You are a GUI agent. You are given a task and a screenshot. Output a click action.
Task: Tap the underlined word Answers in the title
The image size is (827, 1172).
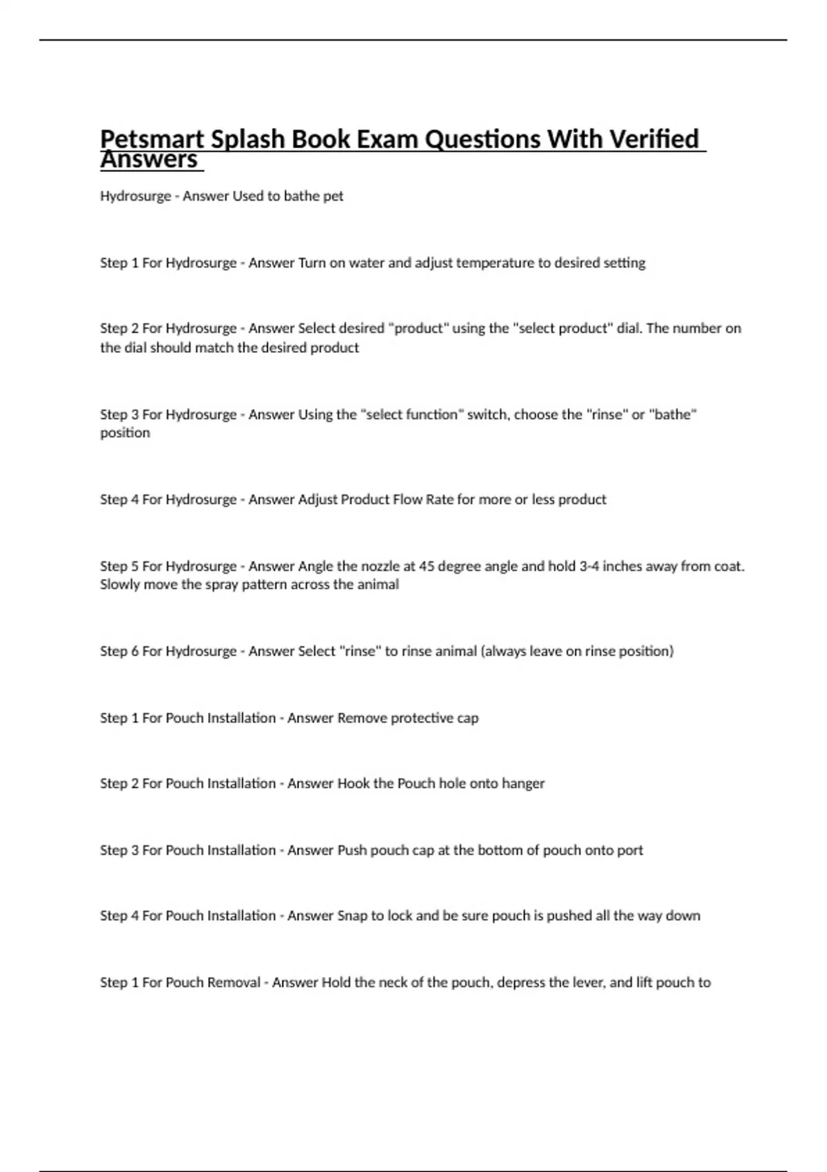point(149,161)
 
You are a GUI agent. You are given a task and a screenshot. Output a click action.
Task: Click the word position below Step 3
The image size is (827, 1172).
point(125,433)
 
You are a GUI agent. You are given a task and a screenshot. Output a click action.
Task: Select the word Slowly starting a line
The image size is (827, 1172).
point(119,585)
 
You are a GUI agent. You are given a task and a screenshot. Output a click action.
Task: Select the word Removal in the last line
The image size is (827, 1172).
point(234,982)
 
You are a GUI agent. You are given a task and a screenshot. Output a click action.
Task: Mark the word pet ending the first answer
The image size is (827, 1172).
point(334,196)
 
